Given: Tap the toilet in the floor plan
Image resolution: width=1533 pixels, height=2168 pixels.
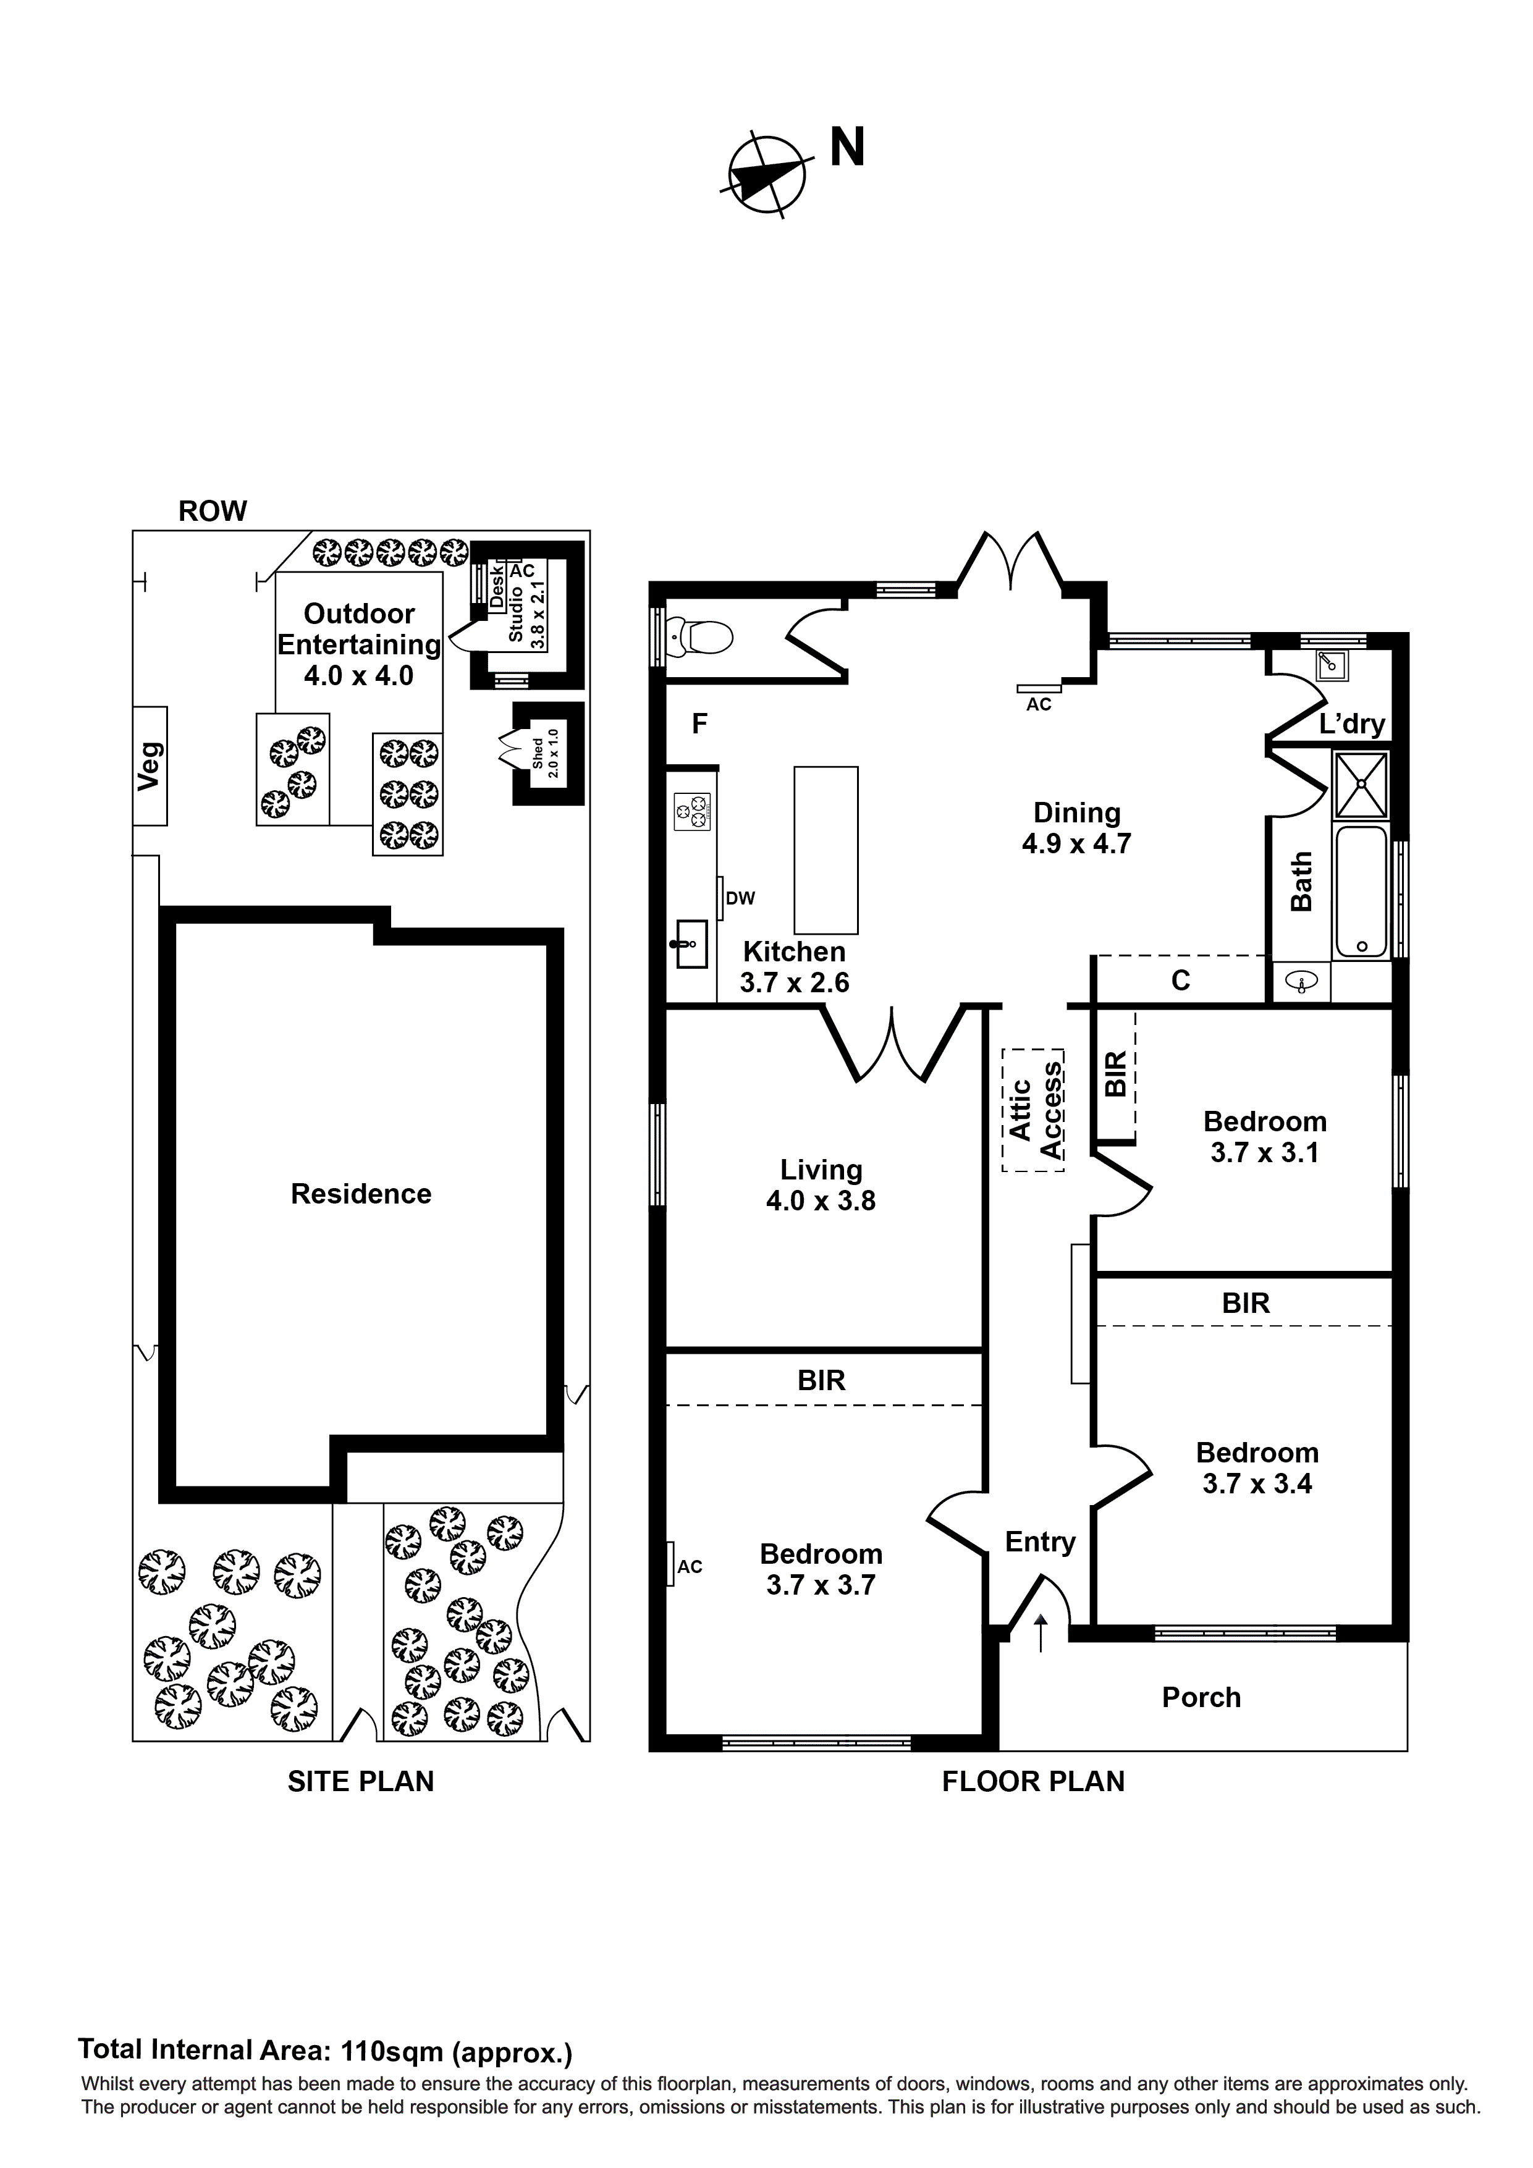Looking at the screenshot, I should point(706,638).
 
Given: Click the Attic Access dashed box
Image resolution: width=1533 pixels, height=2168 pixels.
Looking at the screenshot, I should point(1033,1110).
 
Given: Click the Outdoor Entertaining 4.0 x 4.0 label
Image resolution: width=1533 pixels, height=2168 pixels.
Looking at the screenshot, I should point(359,644).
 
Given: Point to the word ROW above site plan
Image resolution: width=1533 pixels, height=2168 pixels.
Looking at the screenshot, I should point(213,511).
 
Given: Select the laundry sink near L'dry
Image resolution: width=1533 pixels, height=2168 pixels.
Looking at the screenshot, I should point(1333,665).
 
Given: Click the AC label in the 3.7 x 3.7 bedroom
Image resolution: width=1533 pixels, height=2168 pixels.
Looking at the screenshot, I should point(690,1567).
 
